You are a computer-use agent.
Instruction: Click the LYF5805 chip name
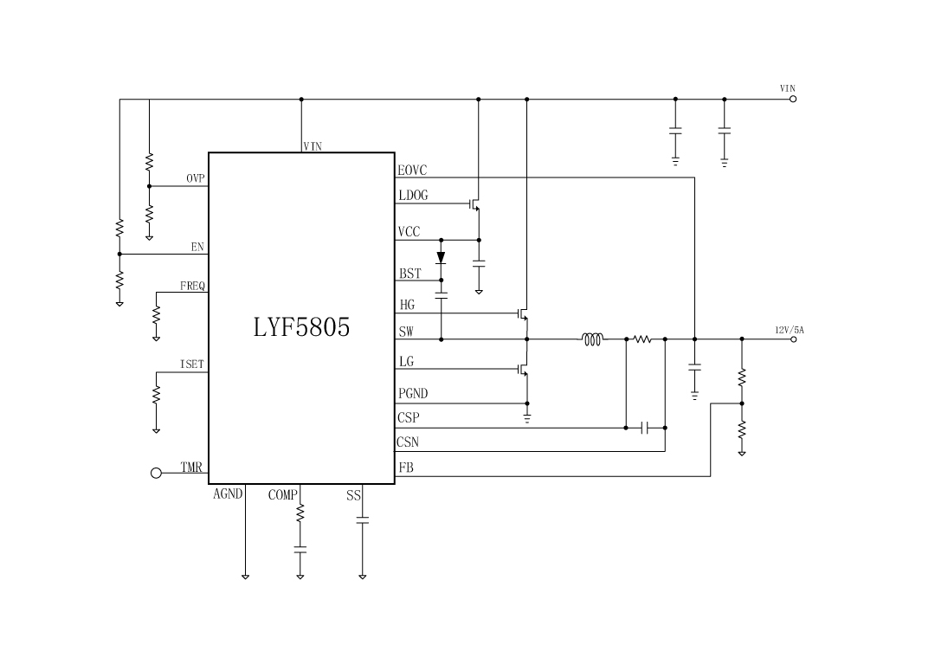pyautogui.click(x=301, y=327)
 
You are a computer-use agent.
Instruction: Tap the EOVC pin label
pyautogui.click(x=412, y=171)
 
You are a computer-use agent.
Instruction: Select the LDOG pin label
pyautogui.click(x=413, y=196)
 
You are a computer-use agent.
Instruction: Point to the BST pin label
pyautogui.click(x=409, y=274)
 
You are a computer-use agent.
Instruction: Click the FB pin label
pyautogui.click(x=405, y=468)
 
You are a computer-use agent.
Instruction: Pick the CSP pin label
pyautogui.click(x=409, y=417)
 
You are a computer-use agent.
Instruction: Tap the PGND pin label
pyautogui.click(x=413, y=394)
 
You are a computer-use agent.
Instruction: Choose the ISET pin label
pyautogui.click(x=192, y=364)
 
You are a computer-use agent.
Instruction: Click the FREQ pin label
pyautogui.click(x=193, y=286)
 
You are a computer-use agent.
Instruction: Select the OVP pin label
pyautogui.click(x=196, y=178)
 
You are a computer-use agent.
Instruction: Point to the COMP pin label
pyautogui.click(x=282, y=495)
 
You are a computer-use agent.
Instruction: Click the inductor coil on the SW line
pyautogui.click(x=593, y=339)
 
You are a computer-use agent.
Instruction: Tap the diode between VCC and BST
pyautogui.click(x=441, y=257)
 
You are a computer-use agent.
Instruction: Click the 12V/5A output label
pyautogui.click(x=789, y=330)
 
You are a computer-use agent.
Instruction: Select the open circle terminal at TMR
pyautogui.click(x=157, y=473)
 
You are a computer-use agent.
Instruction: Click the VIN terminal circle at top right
pyautogui.click(x=792, y=99)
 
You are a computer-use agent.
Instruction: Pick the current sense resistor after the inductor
pyautogui.click(x=642, y=339)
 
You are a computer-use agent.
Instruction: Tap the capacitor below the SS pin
pyautogui.click(x=363, y=520)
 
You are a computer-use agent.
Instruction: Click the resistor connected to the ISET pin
pyautogui.click(x=157, y=394)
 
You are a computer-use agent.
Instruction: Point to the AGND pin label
pyautogui.click(x=228, y=495)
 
